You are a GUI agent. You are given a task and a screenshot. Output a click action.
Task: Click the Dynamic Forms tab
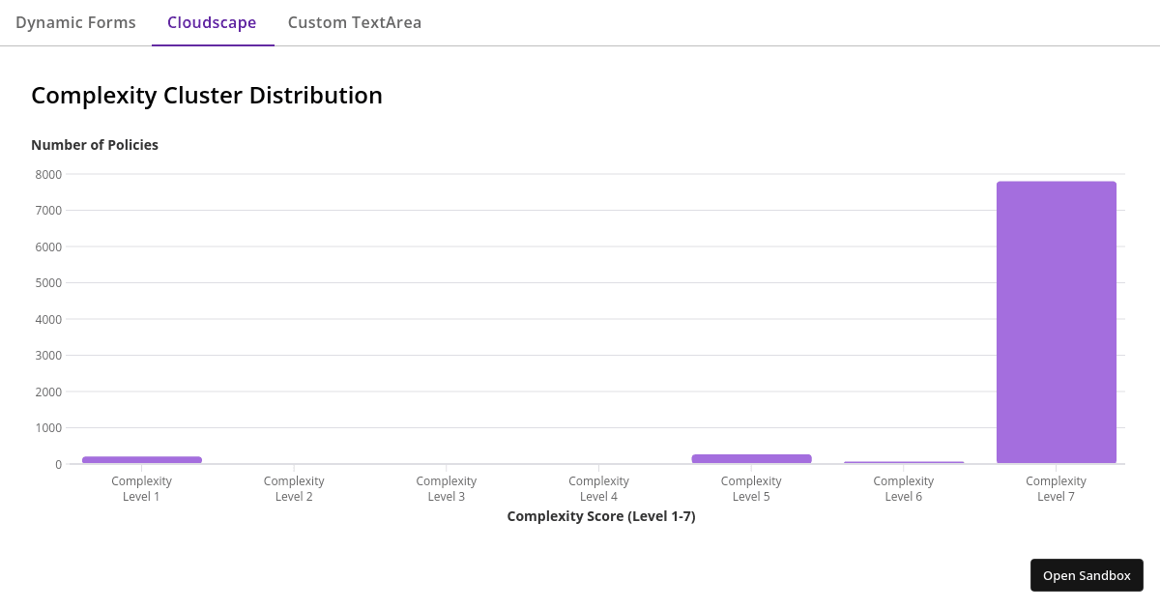click(75, 22)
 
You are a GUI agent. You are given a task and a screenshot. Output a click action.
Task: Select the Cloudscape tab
click(212, 22)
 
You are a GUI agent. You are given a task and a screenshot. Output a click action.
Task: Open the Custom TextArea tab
click(355, 22)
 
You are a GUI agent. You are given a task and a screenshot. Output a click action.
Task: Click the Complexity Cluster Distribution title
click(207, 96)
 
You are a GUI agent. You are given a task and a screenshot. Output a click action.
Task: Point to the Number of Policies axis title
click(95, 145)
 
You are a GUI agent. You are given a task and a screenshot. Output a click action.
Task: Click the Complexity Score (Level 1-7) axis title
click(601, 516)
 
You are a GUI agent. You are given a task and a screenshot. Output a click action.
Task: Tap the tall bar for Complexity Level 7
click(1056, 322)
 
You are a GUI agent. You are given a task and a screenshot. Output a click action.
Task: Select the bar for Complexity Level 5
click(751, 458)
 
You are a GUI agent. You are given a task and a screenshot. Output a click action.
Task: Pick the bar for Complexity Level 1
click(142, 459)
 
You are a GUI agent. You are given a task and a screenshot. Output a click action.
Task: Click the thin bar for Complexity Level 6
click(904, 462)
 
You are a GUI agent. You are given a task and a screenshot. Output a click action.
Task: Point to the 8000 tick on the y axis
click(48, 174)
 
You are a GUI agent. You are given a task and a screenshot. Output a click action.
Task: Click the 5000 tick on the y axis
click(48, 283)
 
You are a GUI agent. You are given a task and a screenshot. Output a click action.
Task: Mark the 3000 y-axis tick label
click(48, 356)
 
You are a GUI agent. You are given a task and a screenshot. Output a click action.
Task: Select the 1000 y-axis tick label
click(48, 428)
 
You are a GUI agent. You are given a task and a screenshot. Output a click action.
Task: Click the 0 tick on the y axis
click(58, 464)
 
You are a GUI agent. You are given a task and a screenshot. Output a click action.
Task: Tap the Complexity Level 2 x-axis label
click(294, 488)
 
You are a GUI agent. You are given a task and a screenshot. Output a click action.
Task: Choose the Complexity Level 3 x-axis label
click(447, 488)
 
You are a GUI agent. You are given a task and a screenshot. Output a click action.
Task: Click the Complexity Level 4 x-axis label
click(598, 488)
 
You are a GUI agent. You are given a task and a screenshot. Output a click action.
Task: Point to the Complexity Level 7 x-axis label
click(1056, 488)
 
